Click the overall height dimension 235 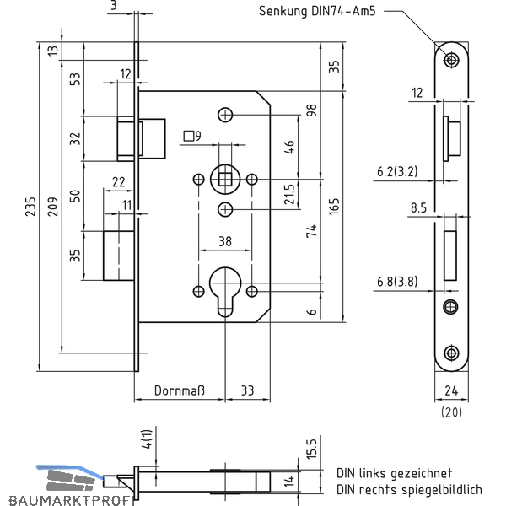(30, 207)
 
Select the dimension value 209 (53, 207)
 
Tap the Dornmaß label (180, 390)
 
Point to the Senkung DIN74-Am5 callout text (317, 11)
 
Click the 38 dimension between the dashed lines (225, 241)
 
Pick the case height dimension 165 (334, 207)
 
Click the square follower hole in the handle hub (225, 180)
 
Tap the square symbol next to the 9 (188, 136)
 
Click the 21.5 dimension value (289, 194)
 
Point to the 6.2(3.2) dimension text (397, 171)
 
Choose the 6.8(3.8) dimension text (397, 282)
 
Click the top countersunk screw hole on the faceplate (451, 60)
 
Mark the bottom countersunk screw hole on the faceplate (451, 353)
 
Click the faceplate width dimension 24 (451, 390)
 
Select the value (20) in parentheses (451, 412)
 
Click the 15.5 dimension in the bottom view (312, 449)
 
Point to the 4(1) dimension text (147, 439)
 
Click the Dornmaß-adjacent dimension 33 (247, 390)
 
